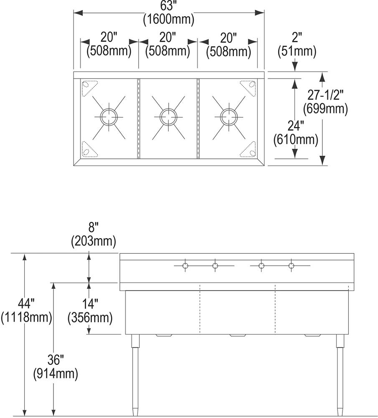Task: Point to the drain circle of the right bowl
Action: click(228, 115)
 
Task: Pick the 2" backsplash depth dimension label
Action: click(297, 38)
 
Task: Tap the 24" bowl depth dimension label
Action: click(295, 126)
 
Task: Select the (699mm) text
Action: click(325, 109)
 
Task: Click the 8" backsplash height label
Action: click(93, 228)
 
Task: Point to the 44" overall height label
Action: click(26, 303)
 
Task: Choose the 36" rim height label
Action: click(55, 360)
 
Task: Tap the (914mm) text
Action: click(56, 374)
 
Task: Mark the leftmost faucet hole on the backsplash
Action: click(185, 266)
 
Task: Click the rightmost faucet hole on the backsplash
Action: click(291, 266)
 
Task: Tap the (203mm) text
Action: click(93, 241)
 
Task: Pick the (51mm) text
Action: click(297, 52)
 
